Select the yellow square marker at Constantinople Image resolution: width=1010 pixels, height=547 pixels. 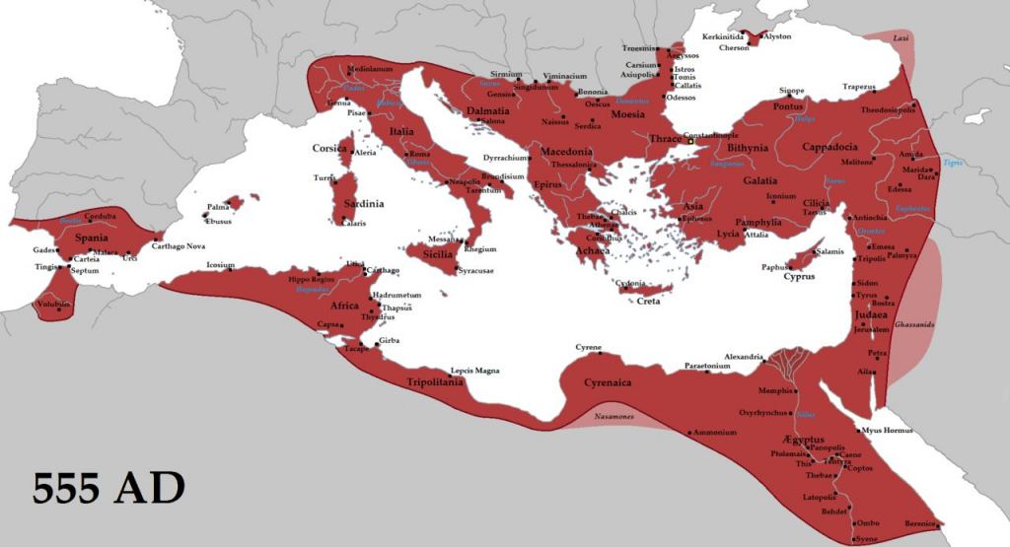[691, 142]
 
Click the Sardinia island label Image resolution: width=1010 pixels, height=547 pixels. [362, 204]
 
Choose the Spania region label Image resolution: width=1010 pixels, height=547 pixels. [91, 238]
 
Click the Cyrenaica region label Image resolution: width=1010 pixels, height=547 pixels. [608, 382]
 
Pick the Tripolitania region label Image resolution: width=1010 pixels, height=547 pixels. [435, 382]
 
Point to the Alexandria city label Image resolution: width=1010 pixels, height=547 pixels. [744, 357]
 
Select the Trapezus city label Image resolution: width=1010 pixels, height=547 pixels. [859, 87]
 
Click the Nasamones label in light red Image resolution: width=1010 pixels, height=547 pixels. [613, 417]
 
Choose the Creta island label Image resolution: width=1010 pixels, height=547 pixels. [648, 301]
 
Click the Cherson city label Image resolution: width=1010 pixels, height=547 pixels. [734, 47]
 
